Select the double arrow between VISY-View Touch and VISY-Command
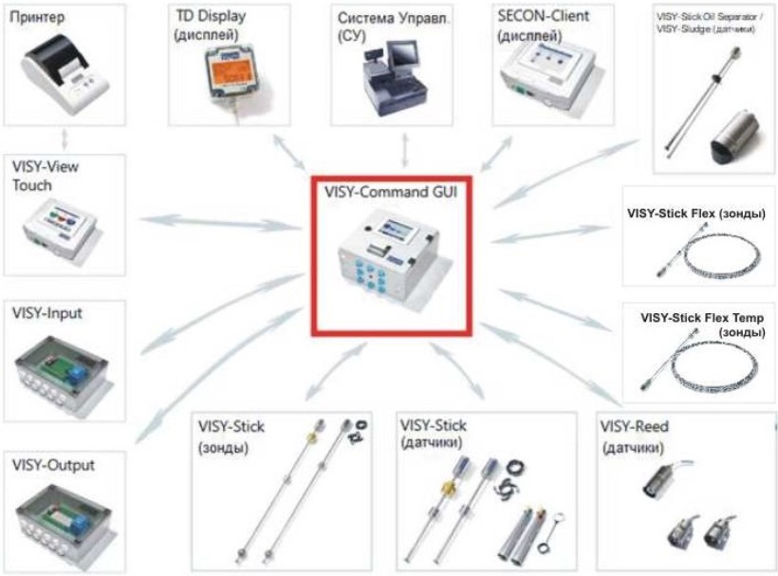tap(219, 224)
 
